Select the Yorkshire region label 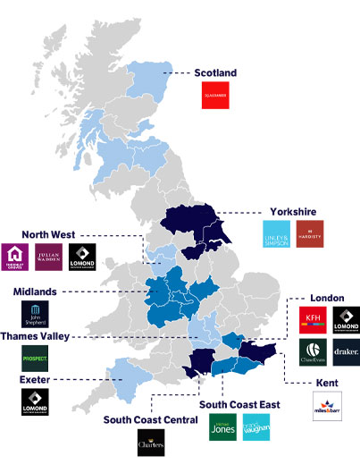pos(293,212)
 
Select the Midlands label pos(37,291)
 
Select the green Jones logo pos(222,427)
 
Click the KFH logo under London pos(313,319)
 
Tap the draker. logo pos(345,351)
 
